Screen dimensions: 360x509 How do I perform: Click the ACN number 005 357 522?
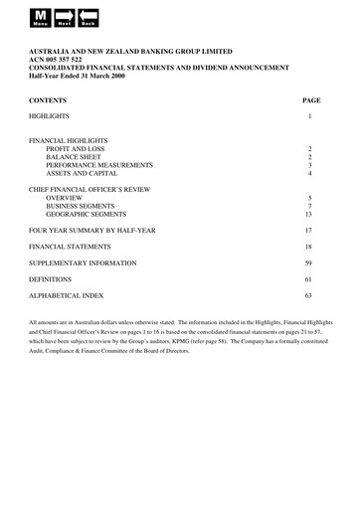click(x=65, y=59)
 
